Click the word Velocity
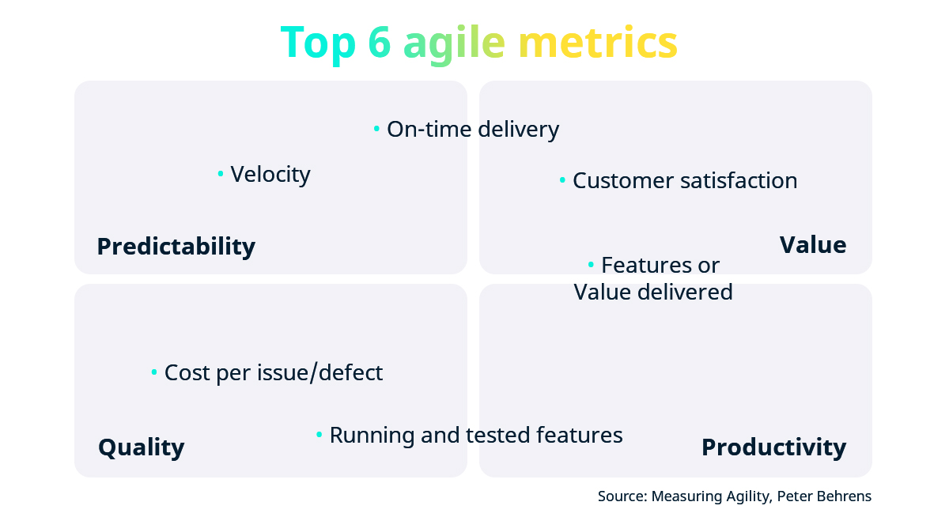270,174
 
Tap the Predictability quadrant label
176,246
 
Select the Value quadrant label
812,244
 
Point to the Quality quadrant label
141,447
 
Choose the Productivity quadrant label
773,447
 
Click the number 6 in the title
380,43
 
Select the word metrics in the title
598,43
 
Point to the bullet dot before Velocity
221,174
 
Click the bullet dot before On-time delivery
377,129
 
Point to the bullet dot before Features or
591,264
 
